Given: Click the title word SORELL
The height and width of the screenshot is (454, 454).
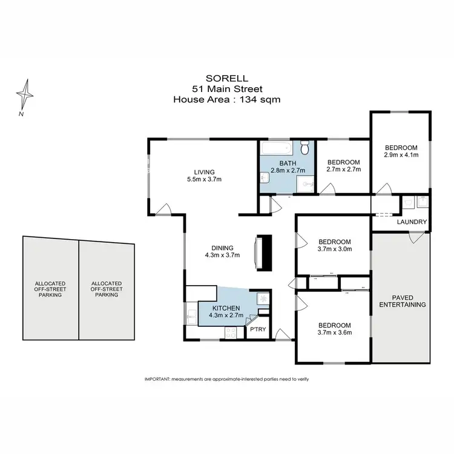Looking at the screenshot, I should tap(226, 77).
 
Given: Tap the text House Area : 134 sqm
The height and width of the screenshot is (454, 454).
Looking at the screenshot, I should tap(226, 99).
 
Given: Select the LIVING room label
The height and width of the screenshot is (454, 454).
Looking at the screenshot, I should tap(200, 172).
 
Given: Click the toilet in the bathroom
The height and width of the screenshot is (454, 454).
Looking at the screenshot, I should tap(306, 147).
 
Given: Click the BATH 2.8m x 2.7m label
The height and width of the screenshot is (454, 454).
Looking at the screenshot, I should tap(287, 168).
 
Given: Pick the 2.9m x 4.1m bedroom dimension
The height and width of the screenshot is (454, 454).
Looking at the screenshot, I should tap(401, 155).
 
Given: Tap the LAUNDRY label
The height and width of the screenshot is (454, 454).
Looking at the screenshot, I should tap(412, 222).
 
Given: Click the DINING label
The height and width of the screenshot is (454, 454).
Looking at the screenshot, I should tap(223, 247).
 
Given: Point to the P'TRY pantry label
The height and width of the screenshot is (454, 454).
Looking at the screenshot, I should tap(258, 330).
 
